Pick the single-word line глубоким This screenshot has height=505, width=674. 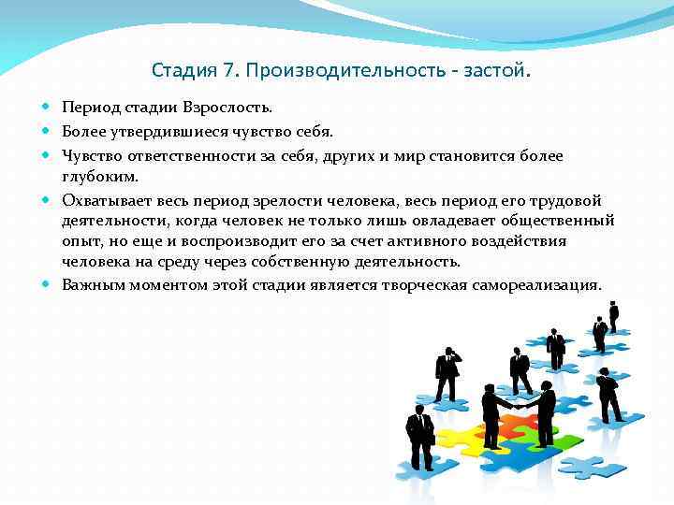[100, 177]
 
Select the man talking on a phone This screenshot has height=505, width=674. [448, 374]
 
